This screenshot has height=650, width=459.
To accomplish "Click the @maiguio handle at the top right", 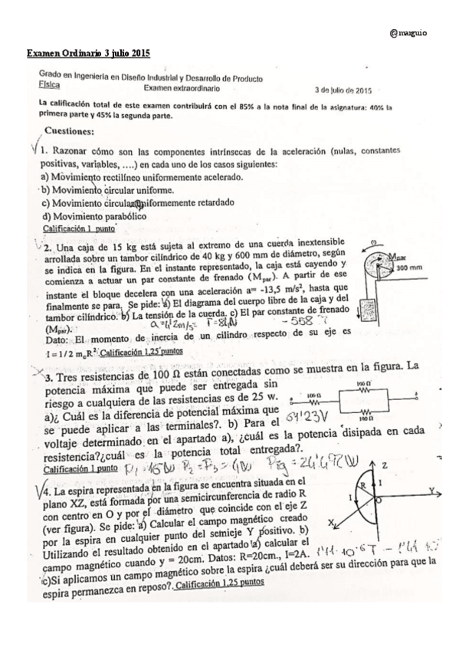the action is [409, 34].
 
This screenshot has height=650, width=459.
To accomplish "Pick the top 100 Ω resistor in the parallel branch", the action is [361, 388].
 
